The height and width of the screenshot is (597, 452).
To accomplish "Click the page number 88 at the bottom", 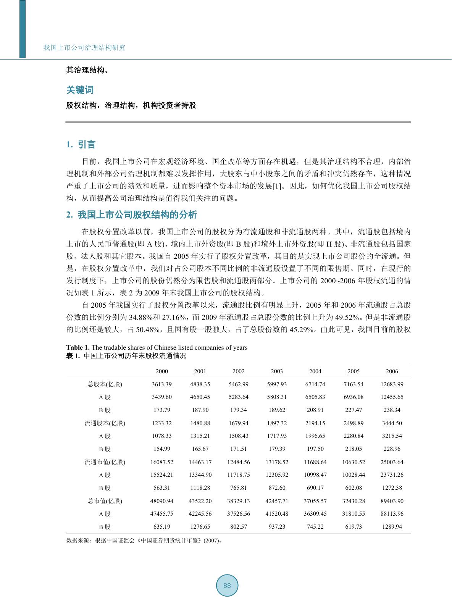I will [x=227, y=586].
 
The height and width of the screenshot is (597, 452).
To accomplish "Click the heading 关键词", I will [x=80, y=90].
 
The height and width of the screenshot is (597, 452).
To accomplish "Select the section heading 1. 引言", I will [x=81, y=145].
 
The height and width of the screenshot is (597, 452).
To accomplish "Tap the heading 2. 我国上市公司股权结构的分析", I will [x=132, y=215].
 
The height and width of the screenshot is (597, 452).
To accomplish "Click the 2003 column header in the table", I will [x=277, y=371].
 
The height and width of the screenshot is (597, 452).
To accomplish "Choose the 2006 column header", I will [x=392, y=371].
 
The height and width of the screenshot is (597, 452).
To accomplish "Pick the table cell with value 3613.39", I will [x=161, y=384].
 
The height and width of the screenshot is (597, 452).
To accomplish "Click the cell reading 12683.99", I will [x=392, y=384].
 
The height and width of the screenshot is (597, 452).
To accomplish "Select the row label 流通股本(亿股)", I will [x=105, y=423].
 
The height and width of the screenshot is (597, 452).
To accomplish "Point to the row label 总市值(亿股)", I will [x=105, y=501].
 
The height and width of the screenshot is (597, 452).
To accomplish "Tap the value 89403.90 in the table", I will [x=392, y=501].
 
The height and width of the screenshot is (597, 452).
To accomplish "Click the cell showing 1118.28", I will [x=200, y=488].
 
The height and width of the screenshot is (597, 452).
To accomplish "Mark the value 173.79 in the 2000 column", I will [x=161, y=410].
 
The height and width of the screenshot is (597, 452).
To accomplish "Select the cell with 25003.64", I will [x=392, y=462].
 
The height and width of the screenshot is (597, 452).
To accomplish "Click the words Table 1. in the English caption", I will [x=78, y=347].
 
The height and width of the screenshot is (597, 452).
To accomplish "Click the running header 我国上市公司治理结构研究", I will [x=84, y=48].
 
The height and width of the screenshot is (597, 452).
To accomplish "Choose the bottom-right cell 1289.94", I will [x=392, y=527].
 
